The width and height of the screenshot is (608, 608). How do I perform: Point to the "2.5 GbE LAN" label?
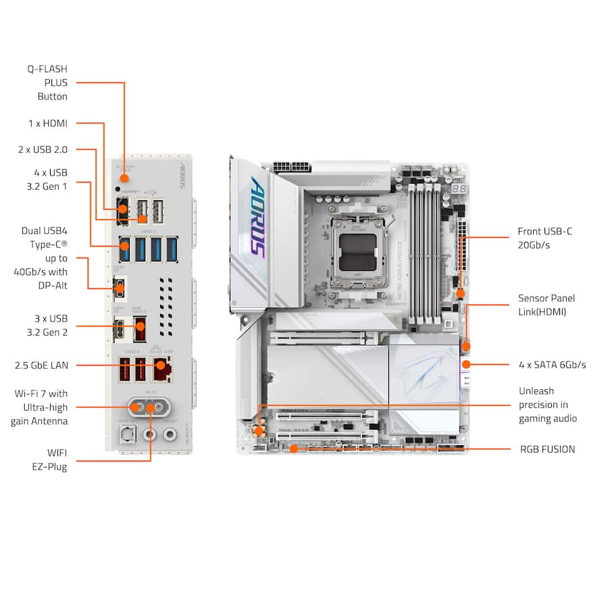point(41,365)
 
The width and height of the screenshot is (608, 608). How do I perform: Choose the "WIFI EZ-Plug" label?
point(52,459)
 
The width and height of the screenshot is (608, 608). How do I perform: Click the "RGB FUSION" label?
point(547,449)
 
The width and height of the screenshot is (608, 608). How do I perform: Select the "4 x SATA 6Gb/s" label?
point(552,365)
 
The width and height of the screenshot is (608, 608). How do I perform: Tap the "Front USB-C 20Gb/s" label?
point(544,238)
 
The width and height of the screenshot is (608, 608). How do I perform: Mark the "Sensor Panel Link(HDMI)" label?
point(547,305)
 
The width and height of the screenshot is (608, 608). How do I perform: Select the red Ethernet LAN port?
point(161,369)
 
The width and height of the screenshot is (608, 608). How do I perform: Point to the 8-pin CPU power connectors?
point(291,166)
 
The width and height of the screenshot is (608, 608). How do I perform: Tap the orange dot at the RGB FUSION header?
point(293,449)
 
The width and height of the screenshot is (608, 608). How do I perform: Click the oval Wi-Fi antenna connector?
point(149,407)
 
